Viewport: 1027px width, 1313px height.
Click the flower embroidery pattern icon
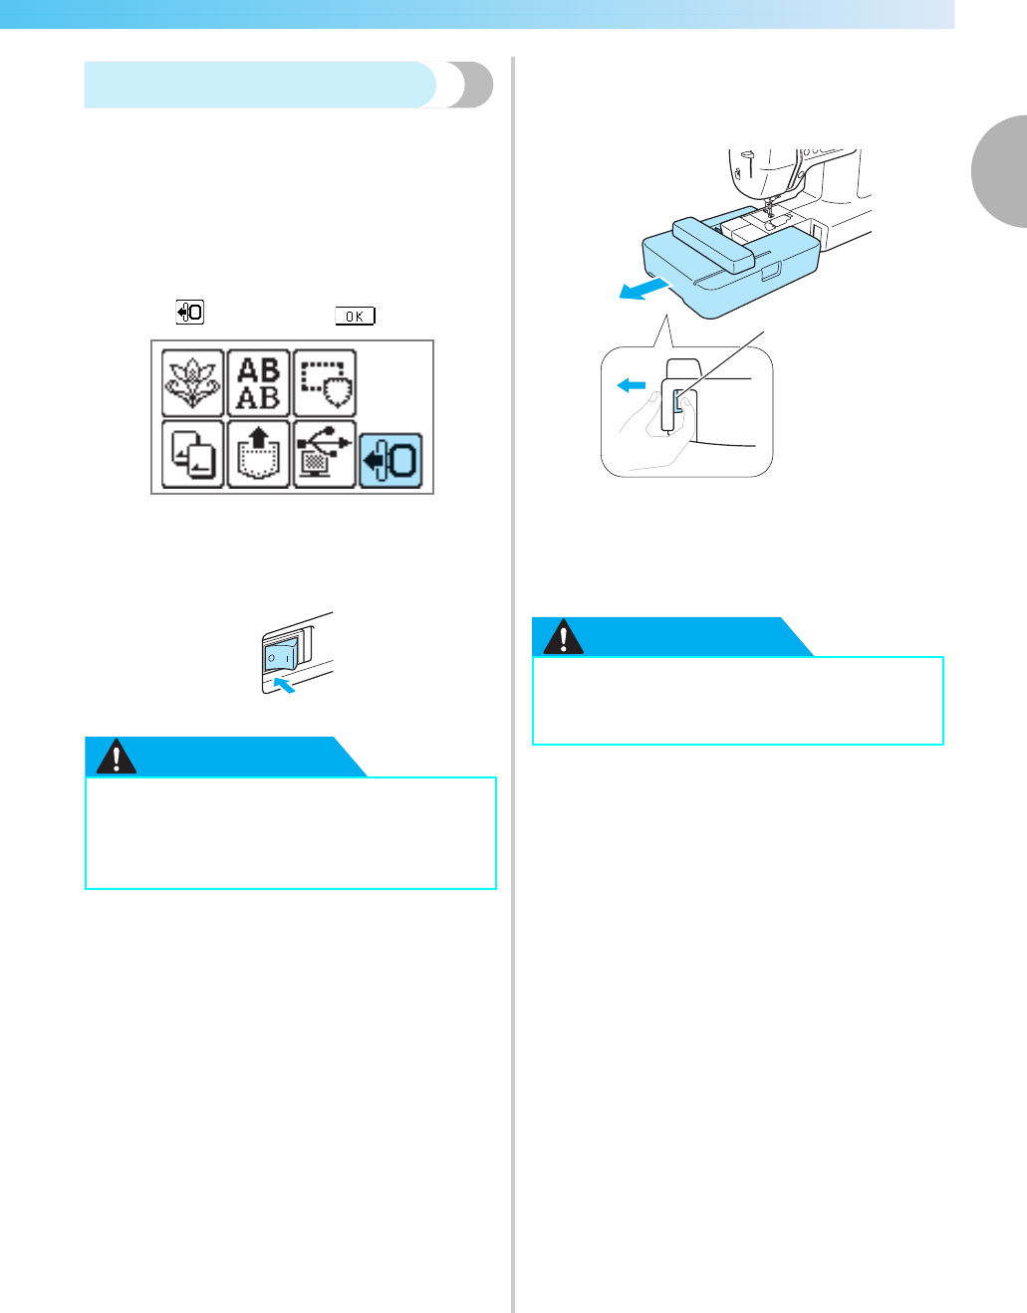pyautogui.click(x=193, y=383)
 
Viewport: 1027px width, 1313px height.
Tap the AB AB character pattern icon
pyautogui.click(x=259, y=383)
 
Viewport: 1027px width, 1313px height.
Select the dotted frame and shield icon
pyautogui.click(x=325, y=383)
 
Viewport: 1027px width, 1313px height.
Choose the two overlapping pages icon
pyautogui.click(x=193, y=454)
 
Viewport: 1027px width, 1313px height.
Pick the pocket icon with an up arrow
pyautogui.click(x=259, y=454)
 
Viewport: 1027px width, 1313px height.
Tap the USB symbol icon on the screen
pyautogui.click(x=325, y=454)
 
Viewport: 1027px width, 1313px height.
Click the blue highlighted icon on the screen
pyautogui.click(x=390, y=460)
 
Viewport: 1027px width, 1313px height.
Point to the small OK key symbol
pyautogui.click(x=355, y=317)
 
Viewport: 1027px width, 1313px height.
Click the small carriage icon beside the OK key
pyautogui.click(x=190, y=313)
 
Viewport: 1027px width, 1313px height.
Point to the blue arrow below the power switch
pyautogui.click(x=284, y=685)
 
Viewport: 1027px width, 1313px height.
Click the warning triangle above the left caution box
pyautogui.click(x=117, y=759)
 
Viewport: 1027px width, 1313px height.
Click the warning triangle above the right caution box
pyautogui.click(x=564, y=637)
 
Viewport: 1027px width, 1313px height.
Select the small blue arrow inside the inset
pyautogui.click(x=632, y=385)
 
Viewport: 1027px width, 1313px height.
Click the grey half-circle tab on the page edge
pyautogui.click(x=1000, y=172)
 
